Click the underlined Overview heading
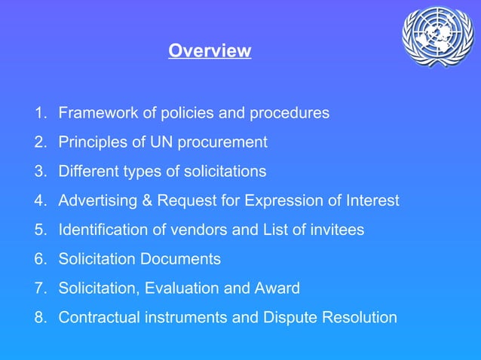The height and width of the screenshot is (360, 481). [x=210, y=51]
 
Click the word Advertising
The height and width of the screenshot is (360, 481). [x=96, y=201]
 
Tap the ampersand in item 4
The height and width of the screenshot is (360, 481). [x=143, y=201]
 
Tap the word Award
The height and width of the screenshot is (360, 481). [x=277, y=288]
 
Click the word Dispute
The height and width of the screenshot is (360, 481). [x=283, y=317]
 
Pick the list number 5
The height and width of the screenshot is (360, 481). [x=39, y=230]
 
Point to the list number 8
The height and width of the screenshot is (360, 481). [x=39, y=317]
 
